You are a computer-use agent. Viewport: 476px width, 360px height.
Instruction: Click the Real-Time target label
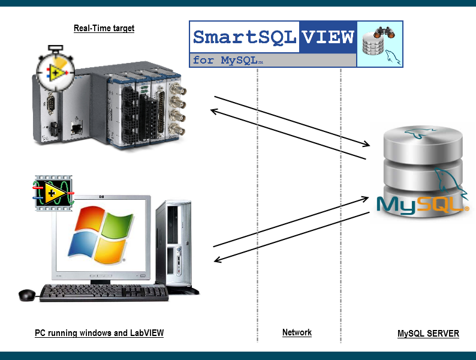pyautogui.click(x=104, y=28)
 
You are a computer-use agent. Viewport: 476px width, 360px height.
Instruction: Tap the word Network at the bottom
pyautogui.click(x=297, y=332)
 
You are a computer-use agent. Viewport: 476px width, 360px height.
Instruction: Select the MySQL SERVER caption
pyautogui.click(x=428, y=334)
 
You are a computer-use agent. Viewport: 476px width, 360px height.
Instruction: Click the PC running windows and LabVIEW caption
pyautogui.click(x=99, y=333)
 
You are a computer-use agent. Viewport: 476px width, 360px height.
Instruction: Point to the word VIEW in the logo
pyautogui.click(x=327, y=37)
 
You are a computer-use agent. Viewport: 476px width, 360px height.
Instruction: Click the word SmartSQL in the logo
pyautogui.click(x=245, y=37)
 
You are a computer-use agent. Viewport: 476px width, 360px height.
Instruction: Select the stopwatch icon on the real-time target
pyautogui.click(x=55, y=70)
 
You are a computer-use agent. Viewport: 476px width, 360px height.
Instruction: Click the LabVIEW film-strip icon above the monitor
pyautogui.click(x=52, y=192)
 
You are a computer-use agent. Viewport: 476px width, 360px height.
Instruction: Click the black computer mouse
pyautogui.click(x=27, y=295)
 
